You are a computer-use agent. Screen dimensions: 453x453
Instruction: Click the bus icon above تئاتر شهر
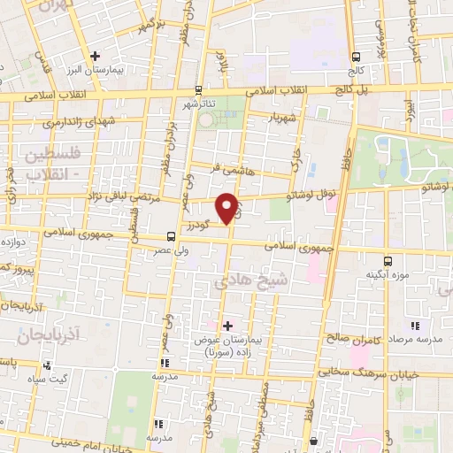click(x=197, y=90)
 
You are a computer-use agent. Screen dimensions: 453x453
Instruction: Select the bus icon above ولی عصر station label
click(x=170, y=236)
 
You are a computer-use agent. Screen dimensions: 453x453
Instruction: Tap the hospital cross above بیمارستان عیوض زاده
click(x=227, y=326)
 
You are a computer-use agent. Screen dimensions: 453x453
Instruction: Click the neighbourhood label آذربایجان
click(x=49, y=334)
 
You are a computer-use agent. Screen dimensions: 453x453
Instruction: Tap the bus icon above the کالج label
click(x=356, y=53)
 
